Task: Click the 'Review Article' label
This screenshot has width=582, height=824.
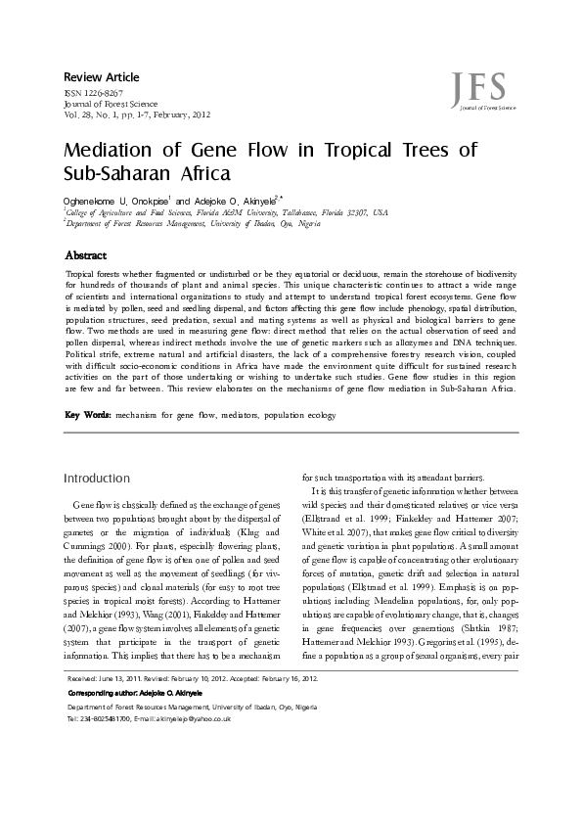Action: [102, 77]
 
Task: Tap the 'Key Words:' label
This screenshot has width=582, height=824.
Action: [87, 415]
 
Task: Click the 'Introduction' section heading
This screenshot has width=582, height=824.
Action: [96, 479]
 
